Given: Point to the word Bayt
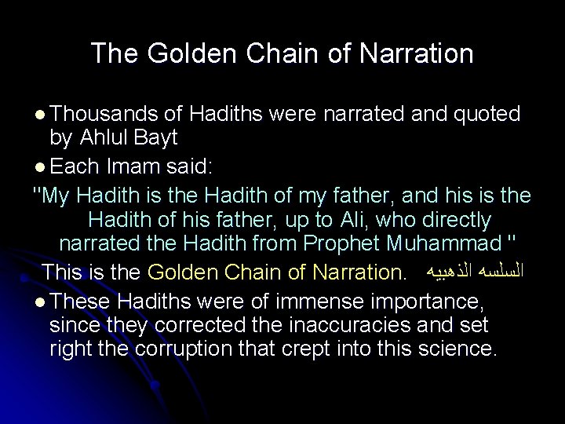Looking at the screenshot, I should pyautogui.click(x=157, y=138).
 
